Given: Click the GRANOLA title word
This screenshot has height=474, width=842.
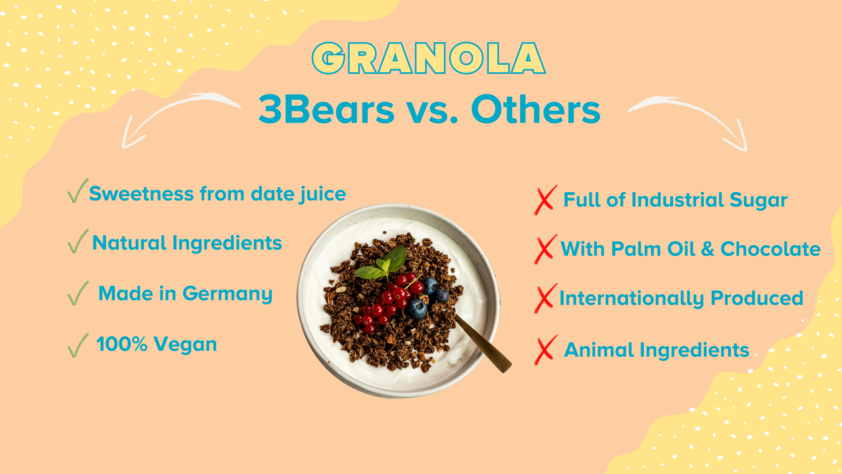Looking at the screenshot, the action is pos(429,58).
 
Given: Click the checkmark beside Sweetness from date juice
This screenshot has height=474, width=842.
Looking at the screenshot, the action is pos(77,191).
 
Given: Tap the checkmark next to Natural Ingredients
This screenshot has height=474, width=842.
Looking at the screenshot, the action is pos(77,241).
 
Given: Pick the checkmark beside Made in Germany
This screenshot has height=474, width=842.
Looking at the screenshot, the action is pos(77,293).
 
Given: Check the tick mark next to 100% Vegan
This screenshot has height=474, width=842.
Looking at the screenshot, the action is pos(77,346).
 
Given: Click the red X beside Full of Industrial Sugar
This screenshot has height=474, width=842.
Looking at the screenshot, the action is pos(545,200).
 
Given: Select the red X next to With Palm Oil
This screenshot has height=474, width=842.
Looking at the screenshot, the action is pos(545,249).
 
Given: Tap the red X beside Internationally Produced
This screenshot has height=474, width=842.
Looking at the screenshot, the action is pos(545,298).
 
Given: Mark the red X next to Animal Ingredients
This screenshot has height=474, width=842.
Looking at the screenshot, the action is pos(545,350).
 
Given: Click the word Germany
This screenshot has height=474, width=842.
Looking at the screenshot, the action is pos(227,294).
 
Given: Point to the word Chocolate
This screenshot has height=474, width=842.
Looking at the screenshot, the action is pos(770,249).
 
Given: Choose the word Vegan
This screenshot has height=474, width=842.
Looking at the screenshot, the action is pos(185,345).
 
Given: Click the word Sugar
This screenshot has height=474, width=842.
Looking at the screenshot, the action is pos(758,200).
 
